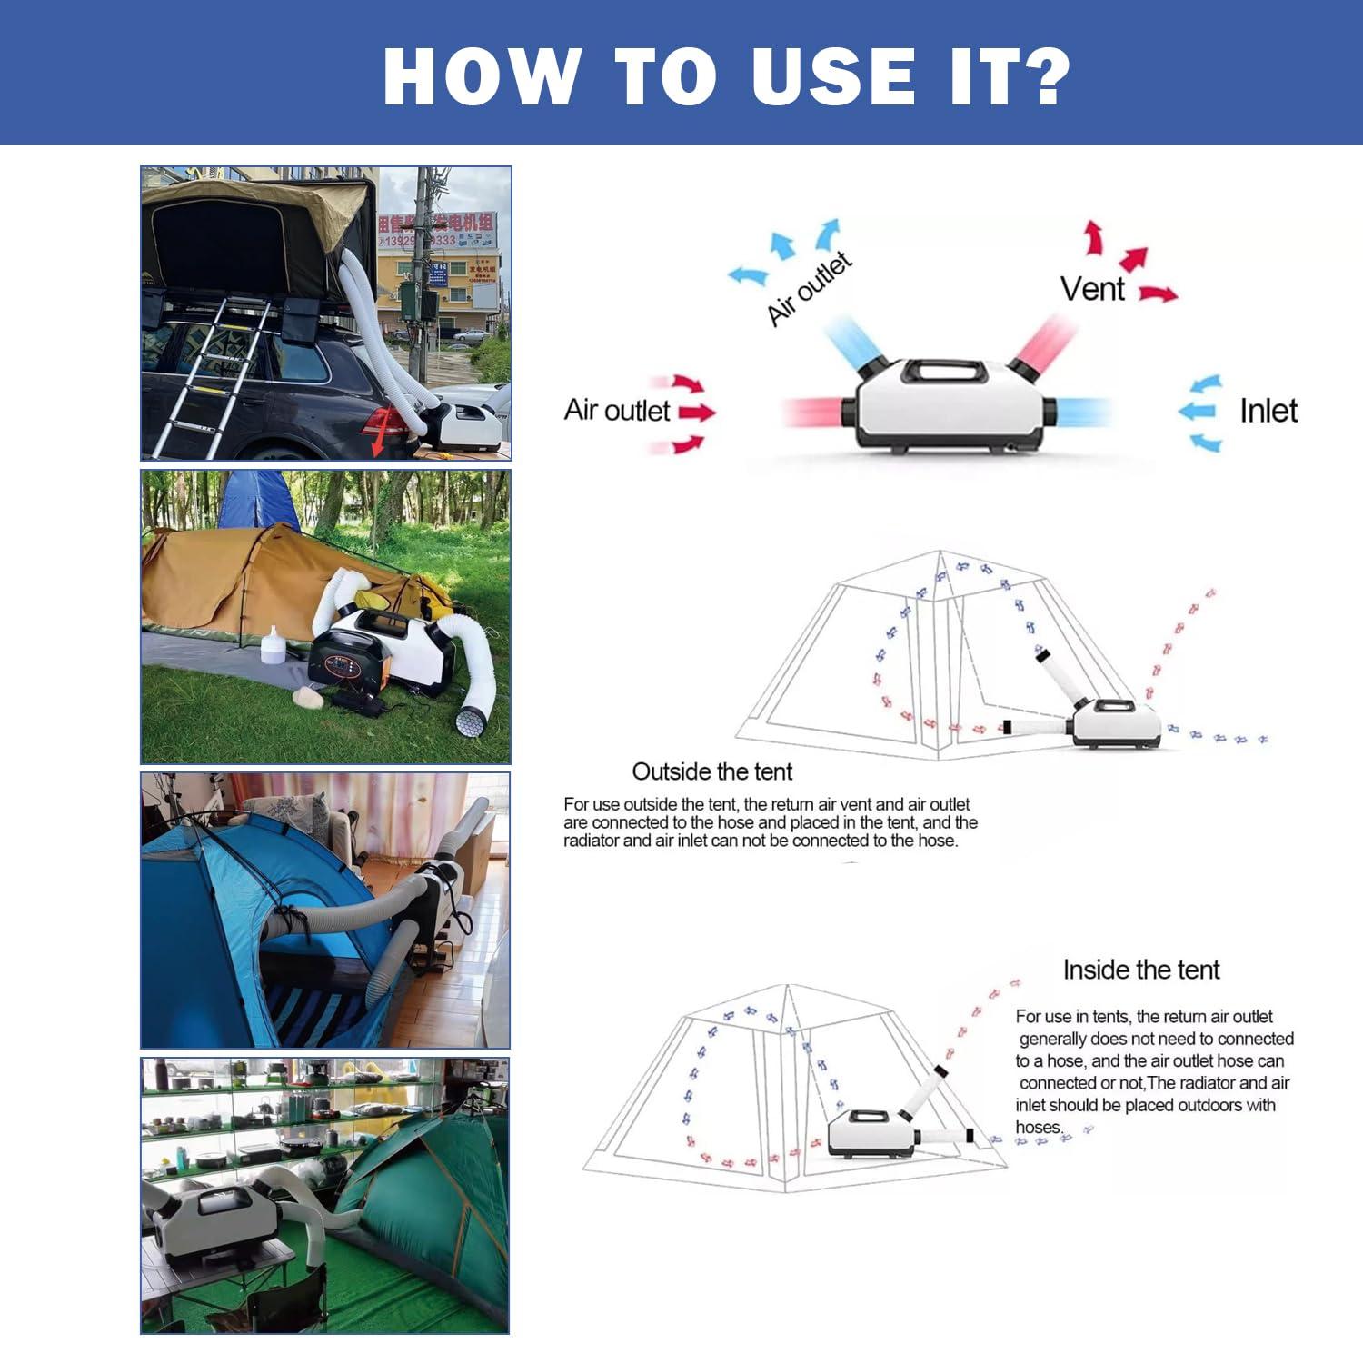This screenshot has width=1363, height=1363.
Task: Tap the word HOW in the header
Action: [x=483, y=76]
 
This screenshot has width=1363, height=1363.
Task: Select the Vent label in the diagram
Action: [x=1092, y=289]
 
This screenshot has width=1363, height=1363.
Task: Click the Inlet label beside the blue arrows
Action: [x=1268, y=411]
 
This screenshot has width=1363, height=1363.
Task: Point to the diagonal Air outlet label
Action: [x=809, y=289]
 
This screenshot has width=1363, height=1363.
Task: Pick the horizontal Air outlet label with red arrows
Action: [x=617, y=411]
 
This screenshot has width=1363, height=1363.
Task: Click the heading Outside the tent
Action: [x=711, y=771]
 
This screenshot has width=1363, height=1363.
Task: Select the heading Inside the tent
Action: [x=1141, y=970]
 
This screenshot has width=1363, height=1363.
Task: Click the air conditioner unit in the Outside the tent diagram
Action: [x=1117, y=723]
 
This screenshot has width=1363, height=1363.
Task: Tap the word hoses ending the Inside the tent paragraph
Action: [x=1038, y=1128]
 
